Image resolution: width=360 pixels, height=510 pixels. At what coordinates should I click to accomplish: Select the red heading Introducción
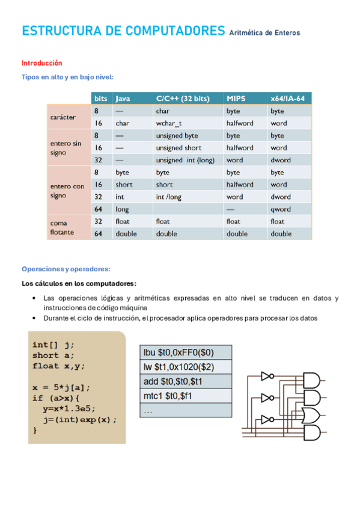click(x=42, y=63)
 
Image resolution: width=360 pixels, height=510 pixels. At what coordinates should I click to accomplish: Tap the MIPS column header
click(x=236, y=98)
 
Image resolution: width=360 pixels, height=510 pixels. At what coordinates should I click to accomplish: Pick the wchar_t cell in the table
click(x=169, y=123)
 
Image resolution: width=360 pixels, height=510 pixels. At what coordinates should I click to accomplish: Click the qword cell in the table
click(x=280, y=209)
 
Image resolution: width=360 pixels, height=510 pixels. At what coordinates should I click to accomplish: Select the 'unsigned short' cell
click(x=178, y=148)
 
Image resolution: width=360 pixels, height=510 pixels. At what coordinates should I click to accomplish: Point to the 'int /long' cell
click(x=168, y=197)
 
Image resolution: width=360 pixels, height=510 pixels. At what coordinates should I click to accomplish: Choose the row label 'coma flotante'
click(x=63, y=227)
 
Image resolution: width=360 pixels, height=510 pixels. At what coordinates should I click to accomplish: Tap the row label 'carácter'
click(x=63, y=117)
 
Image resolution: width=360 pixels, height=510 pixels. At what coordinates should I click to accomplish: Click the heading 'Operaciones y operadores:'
click(x=66, y=269)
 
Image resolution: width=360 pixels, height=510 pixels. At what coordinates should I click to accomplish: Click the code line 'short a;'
click(x=54, y=355)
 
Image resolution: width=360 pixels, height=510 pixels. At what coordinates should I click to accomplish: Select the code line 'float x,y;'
click(x=59, y=366)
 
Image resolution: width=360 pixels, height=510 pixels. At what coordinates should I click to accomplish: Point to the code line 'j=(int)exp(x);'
click(x=79, y=420)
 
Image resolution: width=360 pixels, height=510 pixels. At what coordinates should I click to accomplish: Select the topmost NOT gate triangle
click(x=266, y=376)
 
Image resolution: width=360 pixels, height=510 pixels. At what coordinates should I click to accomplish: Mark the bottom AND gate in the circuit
click(x=313, y=433)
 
